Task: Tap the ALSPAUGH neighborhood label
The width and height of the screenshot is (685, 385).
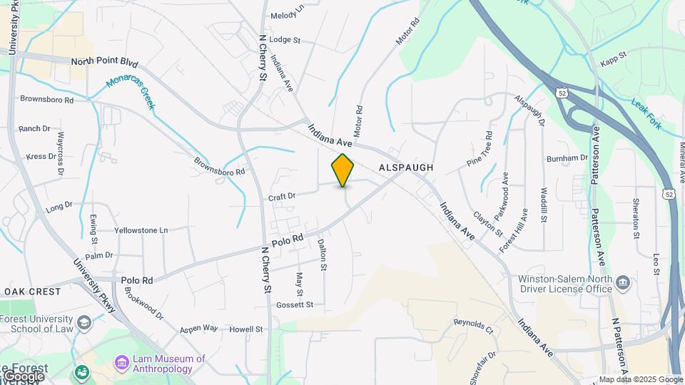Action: coord(406,167)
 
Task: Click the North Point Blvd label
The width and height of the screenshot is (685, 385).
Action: coord(104,63)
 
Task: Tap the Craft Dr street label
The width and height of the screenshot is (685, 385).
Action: coord(282,196)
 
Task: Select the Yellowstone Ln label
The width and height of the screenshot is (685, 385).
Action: coord(141,230)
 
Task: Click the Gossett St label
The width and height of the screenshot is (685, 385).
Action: coord(295,305)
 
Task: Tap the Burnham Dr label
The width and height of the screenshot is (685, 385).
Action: coord(567,158)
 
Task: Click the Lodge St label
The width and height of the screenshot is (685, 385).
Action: coord(285,40)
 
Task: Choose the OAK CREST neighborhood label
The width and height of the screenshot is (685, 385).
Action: coord(32,292)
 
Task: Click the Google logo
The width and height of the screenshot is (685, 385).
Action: coord(23,376)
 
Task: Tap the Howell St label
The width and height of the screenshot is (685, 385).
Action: coord(246,329)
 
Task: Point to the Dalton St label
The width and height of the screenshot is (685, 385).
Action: coord(322,255)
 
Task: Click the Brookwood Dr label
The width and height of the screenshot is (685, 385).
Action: coord(143,303)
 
